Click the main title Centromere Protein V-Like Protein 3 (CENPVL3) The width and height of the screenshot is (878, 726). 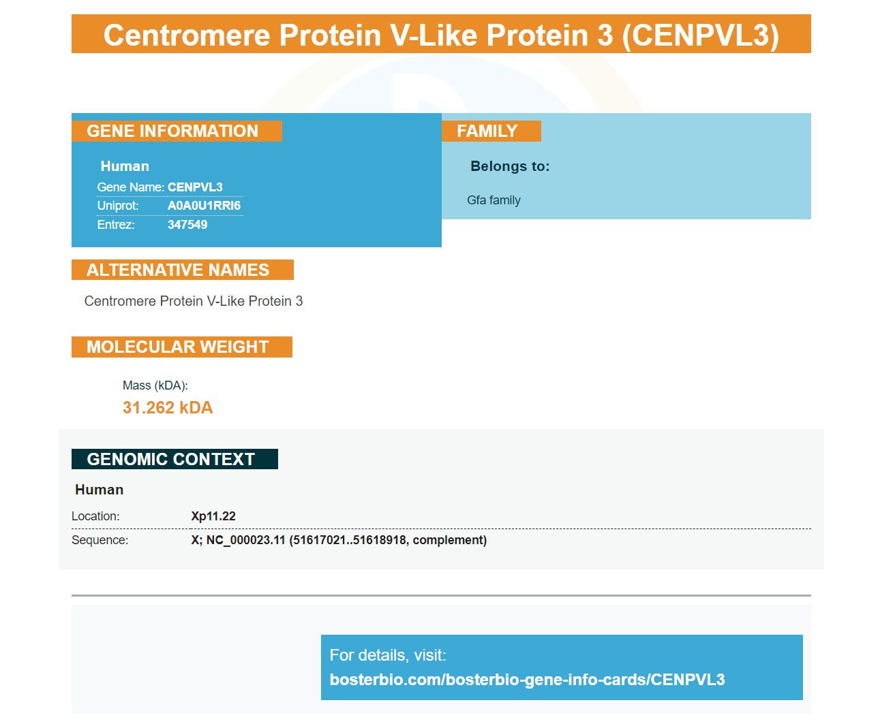click(440, 35)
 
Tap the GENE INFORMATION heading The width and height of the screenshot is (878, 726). click(172, 131)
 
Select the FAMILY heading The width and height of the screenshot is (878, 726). click(487, 131)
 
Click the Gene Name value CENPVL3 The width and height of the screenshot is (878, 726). click(195, 187)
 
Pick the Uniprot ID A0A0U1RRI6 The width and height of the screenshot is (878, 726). click(204, 206)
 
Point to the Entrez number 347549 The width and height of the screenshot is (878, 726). click(187, 224)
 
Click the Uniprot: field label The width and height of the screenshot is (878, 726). click(118, 206)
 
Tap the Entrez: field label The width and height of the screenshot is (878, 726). click(116, 224)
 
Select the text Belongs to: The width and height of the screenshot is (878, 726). click(510, 166)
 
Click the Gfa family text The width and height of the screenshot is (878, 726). click(494, 200)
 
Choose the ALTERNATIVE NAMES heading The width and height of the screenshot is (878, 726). click(178, 270)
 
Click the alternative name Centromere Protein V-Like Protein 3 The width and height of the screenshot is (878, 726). click(194, 301)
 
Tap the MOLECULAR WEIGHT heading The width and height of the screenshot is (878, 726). click(177, 347)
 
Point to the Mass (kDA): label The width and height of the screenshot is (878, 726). click(155, 385)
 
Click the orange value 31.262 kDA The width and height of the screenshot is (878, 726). click(168, 407)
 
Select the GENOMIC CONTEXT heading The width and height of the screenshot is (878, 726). click(170, 459)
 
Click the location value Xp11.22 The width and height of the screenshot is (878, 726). click(213, 516)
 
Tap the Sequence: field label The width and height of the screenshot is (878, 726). click(100, 540)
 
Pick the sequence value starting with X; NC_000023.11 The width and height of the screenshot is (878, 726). click(339, 540)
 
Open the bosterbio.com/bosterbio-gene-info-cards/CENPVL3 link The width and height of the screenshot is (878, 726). click(528, 680)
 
